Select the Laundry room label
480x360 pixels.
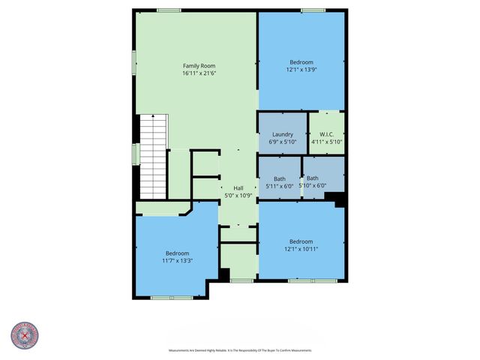[281, 134]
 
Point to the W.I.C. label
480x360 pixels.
[326, 134]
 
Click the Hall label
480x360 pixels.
[238, 187]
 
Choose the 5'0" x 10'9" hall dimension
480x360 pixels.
[238, 195]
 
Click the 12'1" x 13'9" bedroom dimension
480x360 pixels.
[301, 70]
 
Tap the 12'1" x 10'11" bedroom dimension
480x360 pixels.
[301, 249]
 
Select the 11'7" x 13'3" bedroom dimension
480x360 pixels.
[178, 261]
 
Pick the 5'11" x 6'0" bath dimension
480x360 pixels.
[280, 186]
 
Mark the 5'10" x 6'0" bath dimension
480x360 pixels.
[313, 186]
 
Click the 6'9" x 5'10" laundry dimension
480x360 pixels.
[281, 142]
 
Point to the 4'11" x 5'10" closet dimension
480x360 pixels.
[326, 142]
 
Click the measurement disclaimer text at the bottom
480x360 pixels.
[240, 350]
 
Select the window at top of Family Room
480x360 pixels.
[169, 10]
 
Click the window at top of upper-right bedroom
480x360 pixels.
[313, 10]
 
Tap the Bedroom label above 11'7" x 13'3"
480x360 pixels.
[178, 253]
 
